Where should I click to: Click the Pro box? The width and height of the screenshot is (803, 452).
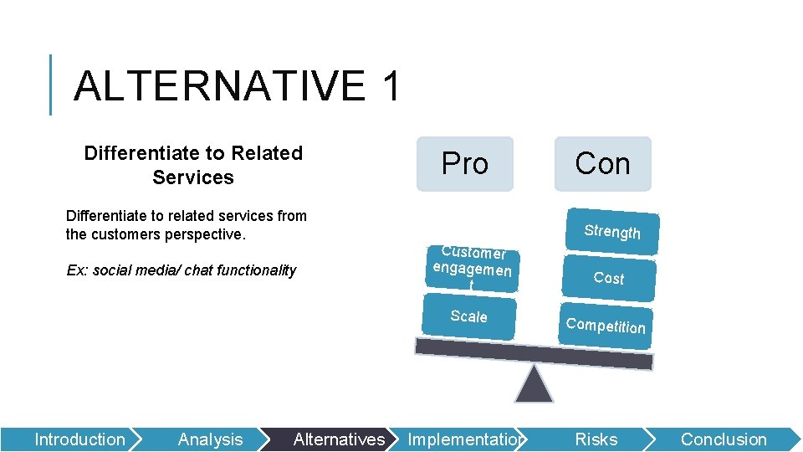coord(464,164)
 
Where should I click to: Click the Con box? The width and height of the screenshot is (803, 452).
coord(602,164)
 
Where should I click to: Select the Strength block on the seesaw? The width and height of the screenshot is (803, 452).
coord(612,231)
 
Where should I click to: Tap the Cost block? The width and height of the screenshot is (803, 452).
coord(609,278)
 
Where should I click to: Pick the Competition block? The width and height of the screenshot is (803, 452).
coord(606,326)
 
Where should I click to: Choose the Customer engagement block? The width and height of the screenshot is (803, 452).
coord(472,268)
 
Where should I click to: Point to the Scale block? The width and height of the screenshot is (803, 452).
coord(468,316)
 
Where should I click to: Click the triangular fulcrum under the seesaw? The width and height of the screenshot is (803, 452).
coord(534,385)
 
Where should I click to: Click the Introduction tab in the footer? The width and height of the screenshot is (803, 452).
coord(79,439)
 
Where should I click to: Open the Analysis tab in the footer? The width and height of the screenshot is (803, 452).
coord(210,439)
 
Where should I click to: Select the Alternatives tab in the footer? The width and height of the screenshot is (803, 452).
coord(339,439)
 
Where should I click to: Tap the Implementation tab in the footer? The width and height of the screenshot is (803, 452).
coord(465,439)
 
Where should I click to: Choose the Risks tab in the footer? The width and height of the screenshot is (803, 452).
coord(596,439)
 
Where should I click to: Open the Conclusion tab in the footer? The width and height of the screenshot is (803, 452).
coord(723,439)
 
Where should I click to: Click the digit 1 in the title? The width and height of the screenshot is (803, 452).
coord(390,86)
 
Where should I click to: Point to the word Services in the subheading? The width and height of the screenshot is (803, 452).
coord(193,177)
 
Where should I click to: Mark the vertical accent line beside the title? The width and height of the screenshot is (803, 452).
coord(51,85)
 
